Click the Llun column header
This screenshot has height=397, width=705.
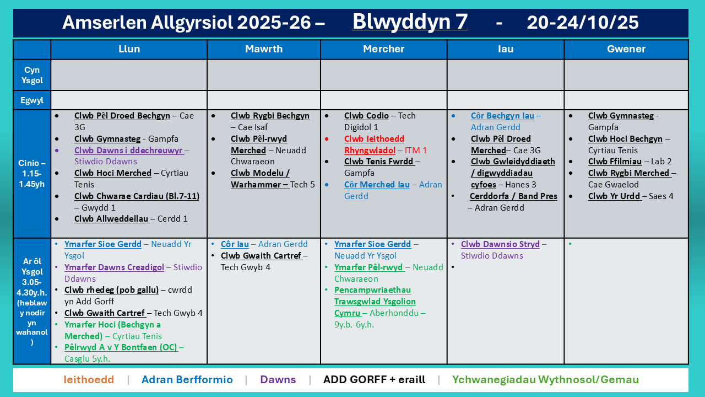point(129,49)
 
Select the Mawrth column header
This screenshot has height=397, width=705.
point(264,49)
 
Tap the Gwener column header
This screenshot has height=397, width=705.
point(626,49)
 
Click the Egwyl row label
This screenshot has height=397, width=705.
point(32,100)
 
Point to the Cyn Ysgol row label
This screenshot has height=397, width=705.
point(32,75)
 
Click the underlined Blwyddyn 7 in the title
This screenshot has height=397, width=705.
point(410,22)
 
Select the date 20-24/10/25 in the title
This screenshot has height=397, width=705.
point(583,23)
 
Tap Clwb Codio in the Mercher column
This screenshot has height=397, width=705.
point(366,116)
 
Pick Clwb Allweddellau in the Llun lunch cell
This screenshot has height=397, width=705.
point(112,219)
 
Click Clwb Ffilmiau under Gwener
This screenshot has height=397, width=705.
point(615,162)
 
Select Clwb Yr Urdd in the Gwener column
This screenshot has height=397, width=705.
point(614,196)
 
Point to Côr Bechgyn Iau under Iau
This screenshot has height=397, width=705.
point(502,116)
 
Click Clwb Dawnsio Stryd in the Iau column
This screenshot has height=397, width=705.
point(500,244)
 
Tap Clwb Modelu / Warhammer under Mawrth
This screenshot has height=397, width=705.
point(260,179)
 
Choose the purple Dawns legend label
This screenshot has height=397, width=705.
point(278,379)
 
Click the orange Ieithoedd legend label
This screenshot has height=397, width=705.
point(89,379)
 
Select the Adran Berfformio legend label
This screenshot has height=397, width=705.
point(187,379)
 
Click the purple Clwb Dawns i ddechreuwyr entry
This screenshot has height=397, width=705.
point(128,151)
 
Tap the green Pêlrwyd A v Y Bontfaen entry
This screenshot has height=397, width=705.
point(121,347)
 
